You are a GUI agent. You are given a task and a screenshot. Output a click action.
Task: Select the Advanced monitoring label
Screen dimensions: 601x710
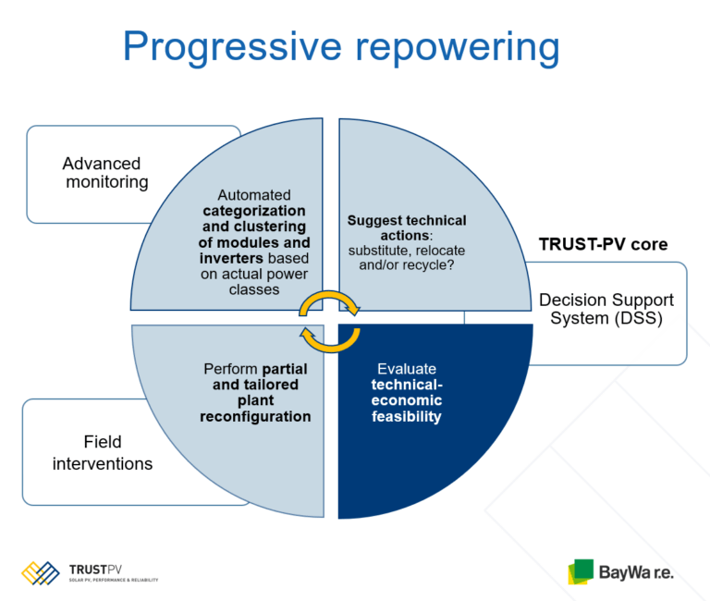(105, 173)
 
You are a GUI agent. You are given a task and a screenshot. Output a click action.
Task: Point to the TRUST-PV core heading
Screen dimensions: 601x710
(603, 246)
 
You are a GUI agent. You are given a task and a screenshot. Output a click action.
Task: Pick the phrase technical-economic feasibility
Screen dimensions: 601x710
(407, 400)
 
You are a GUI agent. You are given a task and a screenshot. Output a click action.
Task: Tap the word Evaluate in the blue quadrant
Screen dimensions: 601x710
(407, 368)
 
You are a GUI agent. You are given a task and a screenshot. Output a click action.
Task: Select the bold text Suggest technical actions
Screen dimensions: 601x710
(407, 228)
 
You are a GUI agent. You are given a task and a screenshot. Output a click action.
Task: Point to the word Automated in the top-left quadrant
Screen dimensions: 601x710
(254, 195)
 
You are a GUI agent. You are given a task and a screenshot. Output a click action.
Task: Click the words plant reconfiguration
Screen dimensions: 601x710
(255, 409)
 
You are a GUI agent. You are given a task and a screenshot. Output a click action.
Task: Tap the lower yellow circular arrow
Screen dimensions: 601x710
(328, 340)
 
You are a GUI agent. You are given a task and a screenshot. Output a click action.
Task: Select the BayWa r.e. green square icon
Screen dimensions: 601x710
(581, 571)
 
